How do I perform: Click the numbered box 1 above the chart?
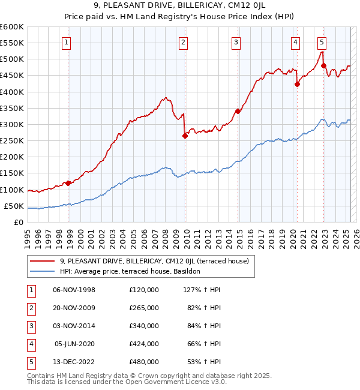click(x=65, y=42)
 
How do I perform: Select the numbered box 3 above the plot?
click(x=236, y=42)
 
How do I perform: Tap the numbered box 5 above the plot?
click(x=322, y=42)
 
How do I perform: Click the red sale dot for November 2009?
click(x=185, y=136)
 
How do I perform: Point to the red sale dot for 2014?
click(x=238, y=111)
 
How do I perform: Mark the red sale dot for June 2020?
click(x=297, y=84)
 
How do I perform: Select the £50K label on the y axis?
click(x=14, y=206)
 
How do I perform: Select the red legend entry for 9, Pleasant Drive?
click(x=158, y=260)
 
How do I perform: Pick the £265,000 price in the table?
click(x=144, y=308)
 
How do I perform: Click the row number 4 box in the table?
click(x=29, y=344)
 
